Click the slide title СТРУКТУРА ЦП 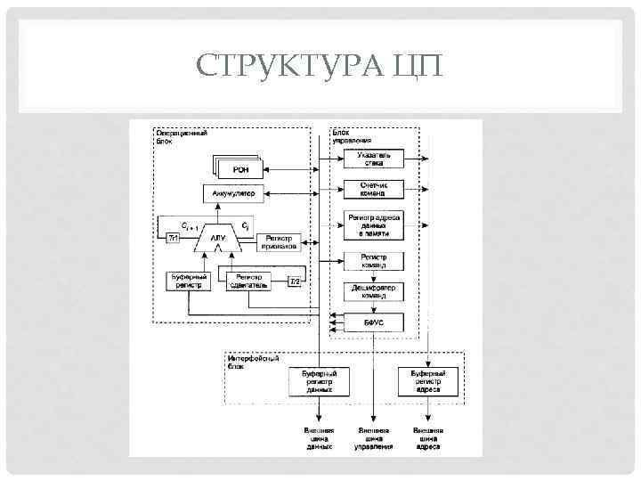[x=320, y=65]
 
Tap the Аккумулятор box [x=234, y=192]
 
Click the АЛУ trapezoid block [x=218, y=237]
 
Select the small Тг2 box [x=295, y=281]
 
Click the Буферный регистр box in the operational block [x=188, y=281]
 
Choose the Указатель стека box [x=374, y=159]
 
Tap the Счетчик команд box [x=374, y=189]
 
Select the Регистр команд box [x=374, y=261]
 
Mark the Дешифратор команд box [x=374, y=291]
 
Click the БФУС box [x=374, y=321]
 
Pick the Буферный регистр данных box [x=319, y=381]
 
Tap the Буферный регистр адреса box [x=427, y=381]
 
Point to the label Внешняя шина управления [x=374, y=437]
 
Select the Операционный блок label [x=183, y=136]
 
